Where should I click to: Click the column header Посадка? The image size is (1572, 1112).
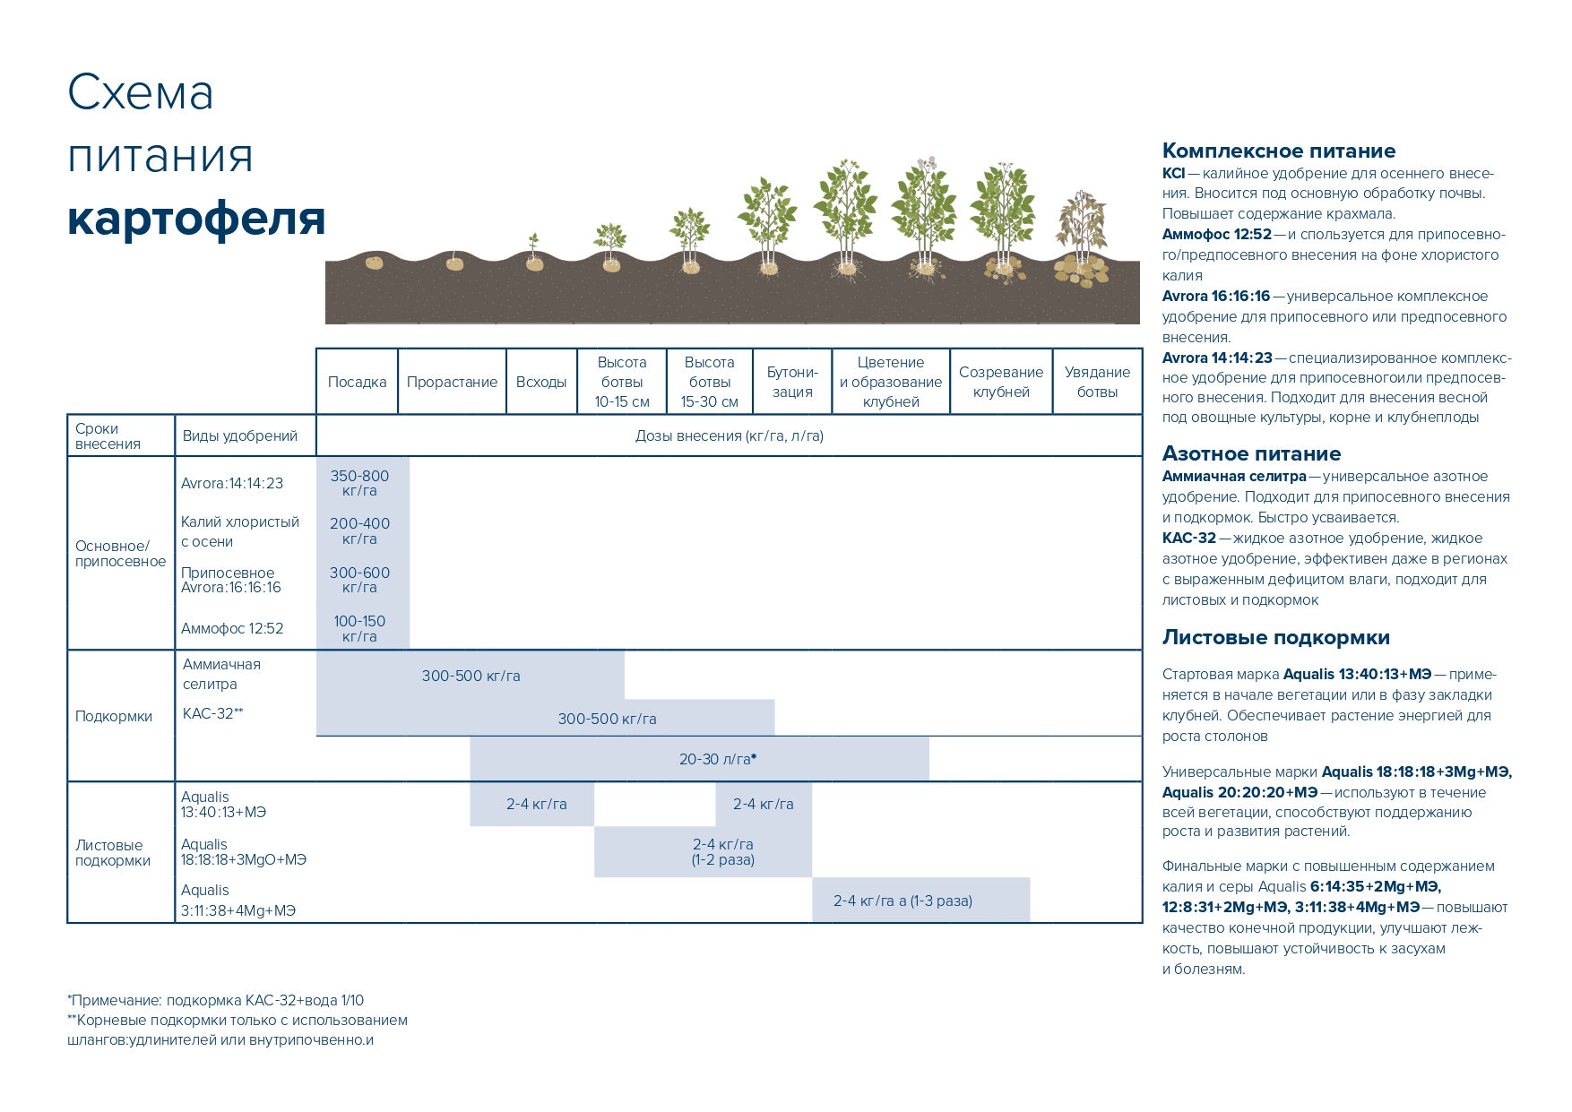357,382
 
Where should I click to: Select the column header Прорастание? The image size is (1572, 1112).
452,382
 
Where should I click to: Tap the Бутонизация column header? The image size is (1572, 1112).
792,382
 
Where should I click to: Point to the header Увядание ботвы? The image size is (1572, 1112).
1097,382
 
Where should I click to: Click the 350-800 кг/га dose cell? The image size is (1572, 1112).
359,483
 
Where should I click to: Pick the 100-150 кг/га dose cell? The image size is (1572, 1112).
359,628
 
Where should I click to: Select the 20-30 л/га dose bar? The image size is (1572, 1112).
717,759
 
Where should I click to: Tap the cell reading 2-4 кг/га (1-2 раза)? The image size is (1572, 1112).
722,851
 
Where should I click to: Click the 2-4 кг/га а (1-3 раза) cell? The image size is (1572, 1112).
903,901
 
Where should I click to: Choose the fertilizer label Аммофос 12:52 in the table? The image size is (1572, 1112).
232,629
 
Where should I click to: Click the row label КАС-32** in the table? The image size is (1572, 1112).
212,713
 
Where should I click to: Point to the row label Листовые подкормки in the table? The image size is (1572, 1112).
113,852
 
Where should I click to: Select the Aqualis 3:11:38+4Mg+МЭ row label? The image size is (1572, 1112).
238,901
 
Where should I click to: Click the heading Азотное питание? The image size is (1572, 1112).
1251,453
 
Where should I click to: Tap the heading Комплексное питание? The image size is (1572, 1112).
1278,151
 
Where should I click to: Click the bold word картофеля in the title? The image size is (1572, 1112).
195,218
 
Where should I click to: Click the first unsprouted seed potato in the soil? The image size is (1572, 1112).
374,263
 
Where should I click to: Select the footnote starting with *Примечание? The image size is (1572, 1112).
215,1000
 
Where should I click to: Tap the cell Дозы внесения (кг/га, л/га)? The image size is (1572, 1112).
729,435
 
